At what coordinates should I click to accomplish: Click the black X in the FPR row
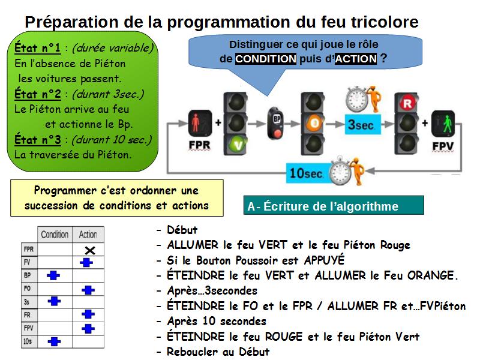pyautogui.click(x=90, y=250)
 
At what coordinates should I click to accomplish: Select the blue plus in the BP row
pyautogui.click(x=53, y=275)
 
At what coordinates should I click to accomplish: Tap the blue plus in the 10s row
pyautogui.click(x=54, y=341)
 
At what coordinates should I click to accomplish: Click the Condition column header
pyautogui.click(x=55, y=235)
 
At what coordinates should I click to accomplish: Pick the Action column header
pyautogui.click(x=88, y=235)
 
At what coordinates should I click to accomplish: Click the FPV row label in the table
pyautogui.click(x=28, y=328)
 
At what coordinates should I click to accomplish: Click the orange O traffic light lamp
pyautogui.click(x=314, y=124)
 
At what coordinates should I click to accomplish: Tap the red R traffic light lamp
pyautogui.click(x=407, y=103)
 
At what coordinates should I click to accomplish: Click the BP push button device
pyautogui.click(x=276, y=123)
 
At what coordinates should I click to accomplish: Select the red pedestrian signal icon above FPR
pyautogui.click(x=200, y=123)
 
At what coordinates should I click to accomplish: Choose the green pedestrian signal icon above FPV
pyautogui.click(x=443, y=124)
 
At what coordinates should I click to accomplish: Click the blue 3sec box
pyautogui.click(x=363, y=125)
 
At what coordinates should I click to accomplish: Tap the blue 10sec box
pyautogui.click(x=307, y=173)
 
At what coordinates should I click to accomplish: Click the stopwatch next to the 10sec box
pyautogui.click(x=340, y=171)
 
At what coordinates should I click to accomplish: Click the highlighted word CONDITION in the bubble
pyautogui.click(x=266, y=58)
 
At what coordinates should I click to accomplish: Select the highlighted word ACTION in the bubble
pyautogui.click(x=356, y=58)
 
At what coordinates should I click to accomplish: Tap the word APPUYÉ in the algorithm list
pyautogui.click(x=324, y=260)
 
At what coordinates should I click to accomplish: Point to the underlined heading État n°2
pyautogui.click(x=38, y=94)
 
